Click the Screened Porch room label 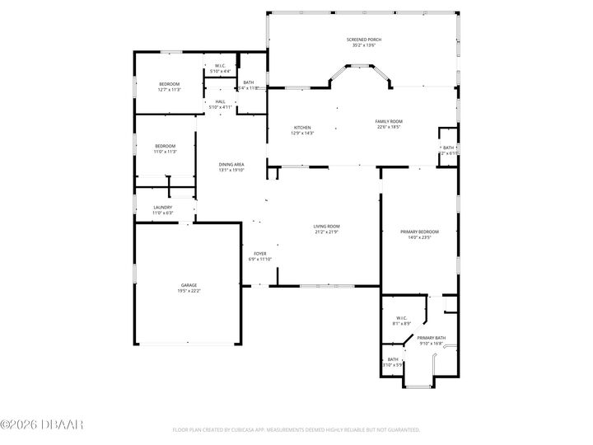363,40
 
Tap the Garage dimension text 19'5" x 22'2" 189,291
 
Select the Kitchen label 302,127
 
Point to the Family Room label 389,121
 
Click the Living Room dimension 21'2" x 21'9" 326,232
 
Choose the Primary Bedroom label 419,232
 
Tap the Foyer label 259,253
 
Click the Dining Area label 231,165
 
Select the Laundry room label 162,208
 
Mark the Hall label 220,101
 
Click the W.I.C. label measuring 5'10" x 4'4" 220,66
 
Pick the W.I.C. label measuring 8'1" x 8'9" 401,318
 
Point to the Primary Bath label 431,338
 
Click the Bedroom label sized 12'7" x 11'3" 169,84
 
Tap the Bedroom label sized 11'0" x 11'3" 165,146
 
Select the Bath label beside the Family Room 448,148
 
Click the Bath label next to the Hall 249,82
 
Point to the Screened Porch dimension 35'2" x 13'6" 363,45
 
